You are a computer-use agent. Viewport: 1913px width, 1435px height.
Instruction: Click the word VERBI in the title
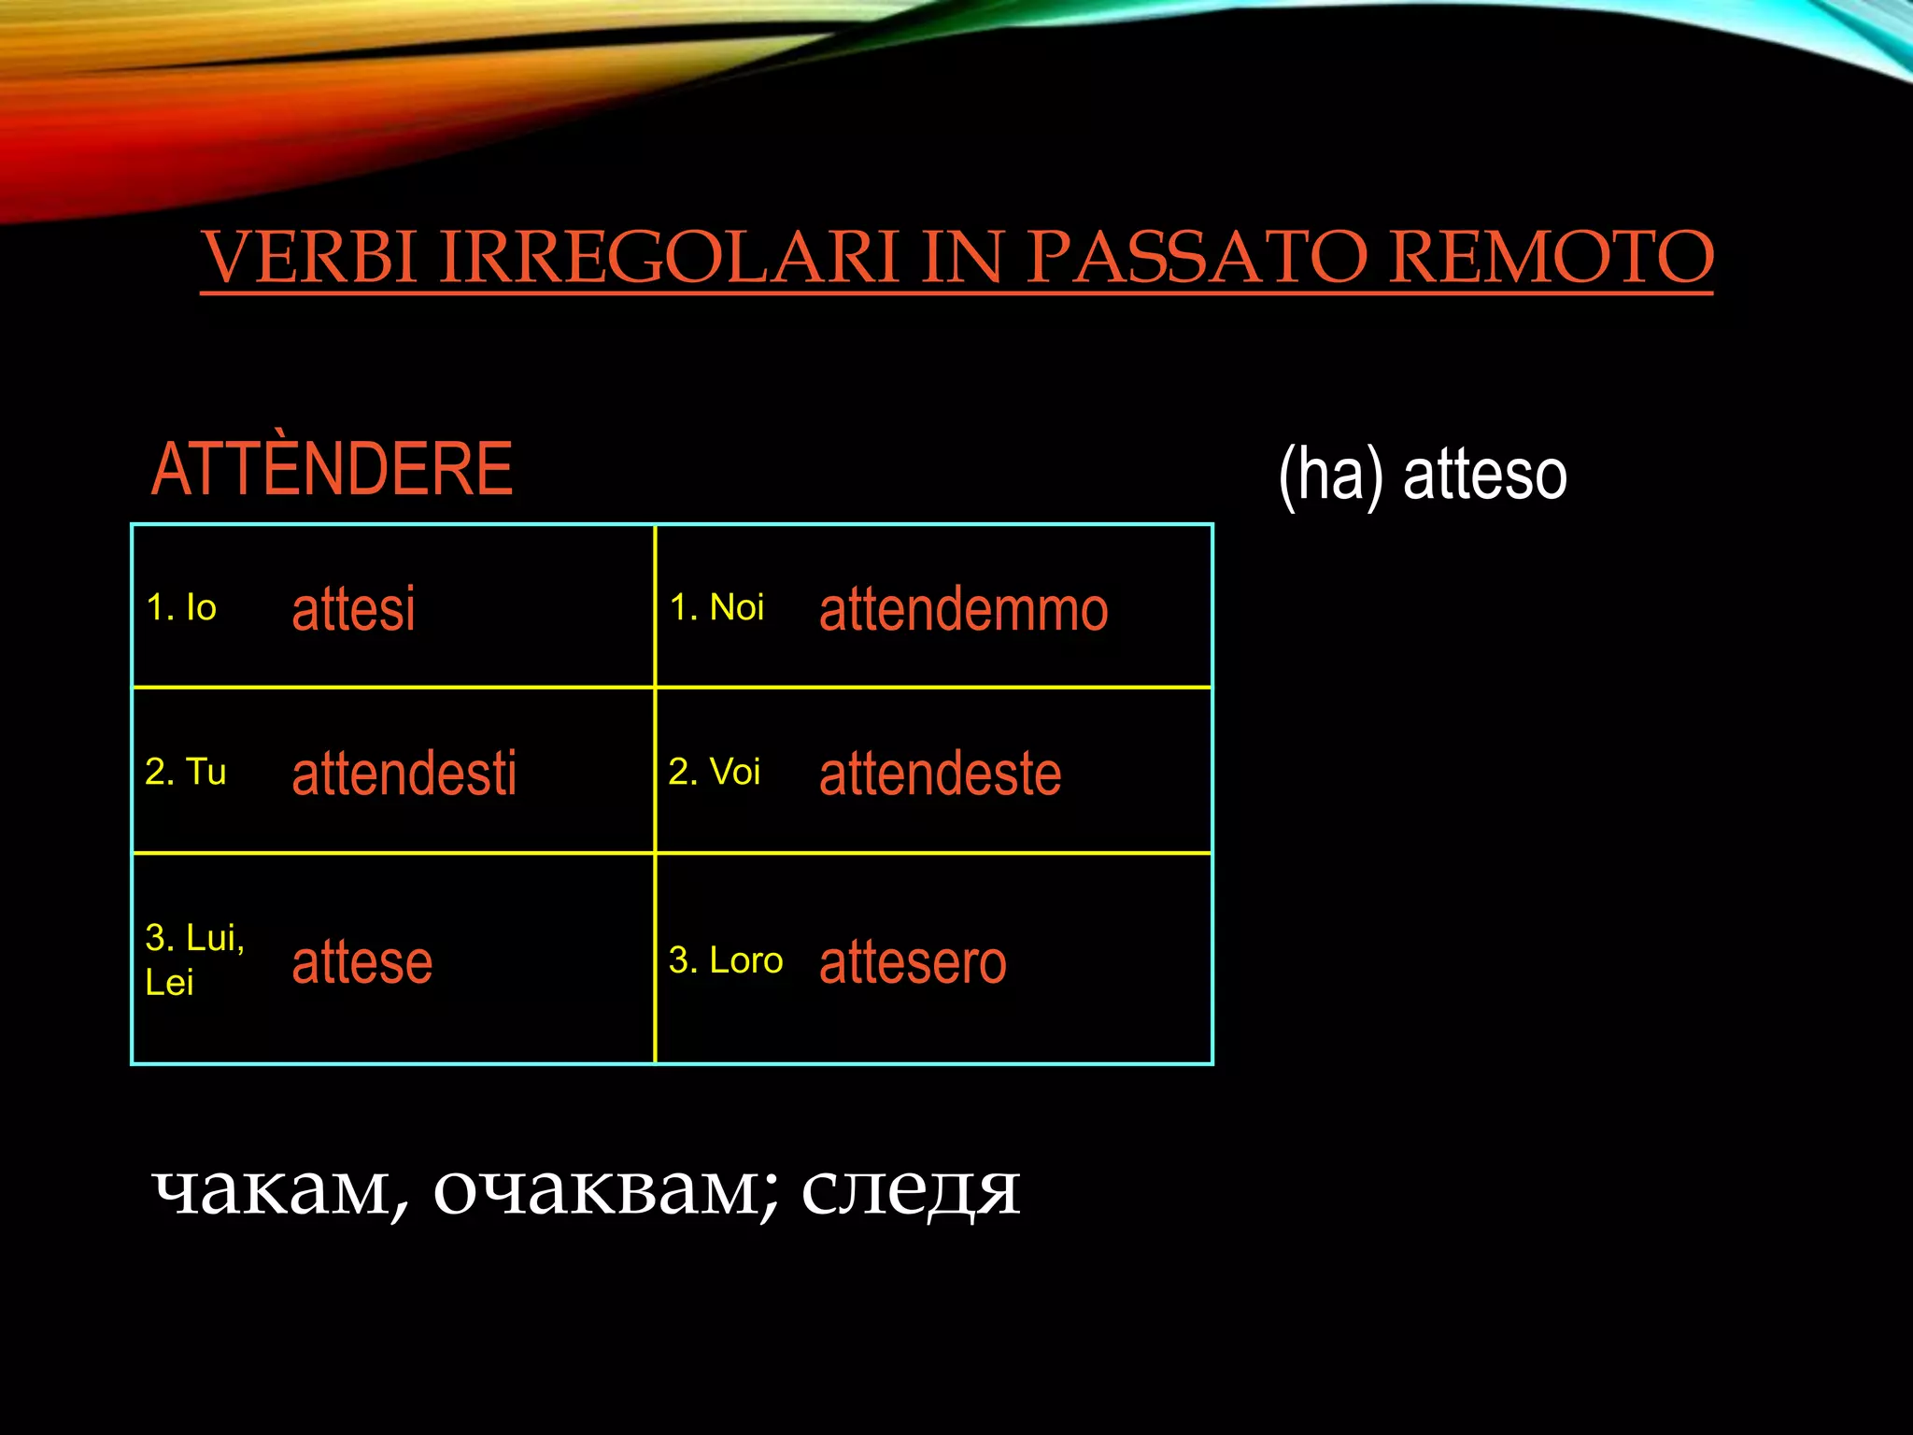point(308,257)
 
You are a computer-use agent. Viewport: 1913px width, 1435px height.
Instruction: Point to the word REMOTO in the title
point(1551,257)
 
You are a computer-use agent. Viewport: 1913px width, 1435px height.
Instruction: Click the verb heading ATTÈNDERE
point(332,469)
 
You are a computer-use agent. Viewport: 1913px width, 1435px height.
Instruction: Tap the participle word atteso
point(1484,475)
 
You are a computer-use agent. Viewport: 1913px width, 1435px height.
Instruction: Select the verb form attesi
point(353,609)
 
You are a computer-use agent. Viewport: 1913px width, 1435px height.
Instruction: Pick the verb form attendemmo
point(963,609)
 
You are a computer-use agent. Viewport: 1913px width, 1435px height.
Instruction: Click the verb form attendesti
point(404,774)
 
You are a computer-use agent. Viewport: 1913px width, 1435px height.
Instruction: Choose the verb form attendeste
point(940,774)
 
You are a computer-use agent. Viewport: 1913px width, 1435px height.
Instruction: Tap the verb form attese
point(361,962)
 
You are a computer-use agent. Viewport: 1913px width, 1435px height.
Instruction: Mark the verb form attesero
point(913,962)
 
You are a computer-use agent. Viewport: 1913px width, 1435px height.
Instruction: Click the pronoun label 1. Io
point(181,608)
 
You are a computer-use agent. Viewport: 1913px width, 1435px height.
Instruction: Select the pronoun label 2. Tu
point(185,772)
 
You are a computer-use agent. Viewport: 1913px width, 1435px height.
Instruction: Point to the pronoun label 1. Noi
point(716,608)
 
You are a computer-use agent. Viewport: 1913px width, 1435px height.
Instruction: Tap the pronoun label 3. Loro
point(725,960)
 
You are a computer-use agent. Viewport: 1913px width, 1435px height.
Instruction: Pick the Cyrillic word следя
point(910,1191)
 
